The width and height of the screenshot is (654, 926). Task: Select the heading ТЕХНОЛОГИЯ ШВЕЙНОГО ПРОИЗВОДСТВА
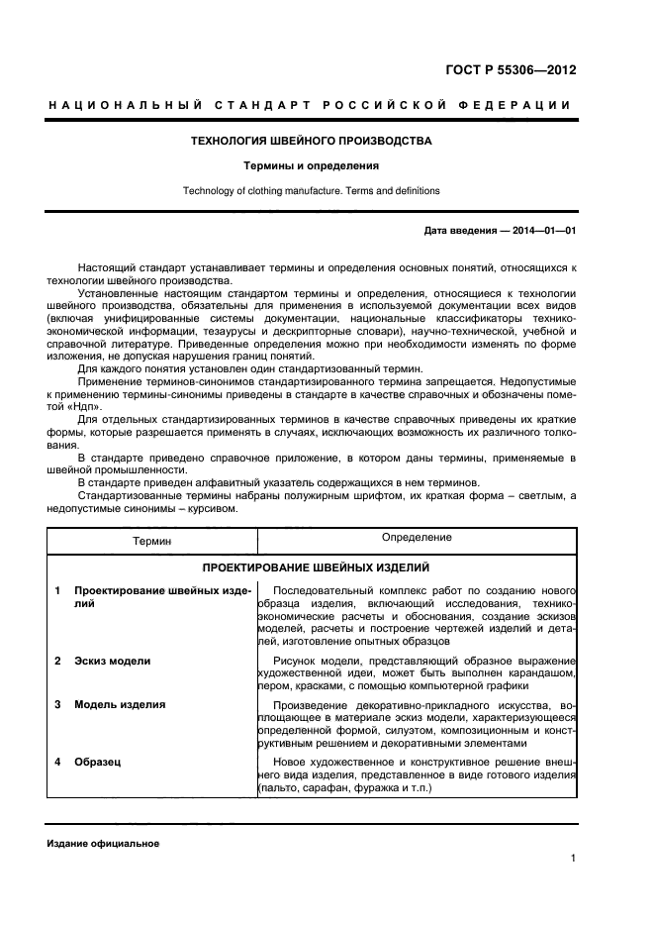(311, 141)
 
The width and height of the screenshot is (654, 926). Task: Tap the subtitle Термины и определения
(312, 165)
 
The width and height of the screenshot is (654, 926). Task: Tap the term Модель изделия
(120, 704)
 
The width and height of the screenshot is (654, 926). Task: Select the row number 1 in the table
(57, 591)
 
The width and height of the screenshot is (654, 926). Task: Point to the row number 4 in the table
(57, 762)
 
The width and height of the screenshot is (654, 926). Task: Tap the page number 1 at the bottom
(573, 860)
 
